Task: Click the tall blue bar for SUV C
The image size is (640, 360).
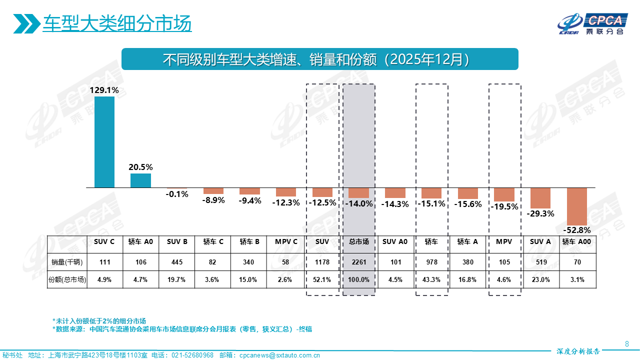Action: (104, 142)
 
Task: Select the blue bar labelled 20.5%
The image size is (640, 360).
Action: (140, 180)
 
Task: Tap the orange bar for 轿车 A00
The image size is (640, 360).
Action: (576, 206)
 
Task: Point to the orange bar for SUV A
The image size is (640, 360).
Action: (540, 198)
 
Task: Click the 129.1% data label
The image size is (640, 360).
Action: (104, 90)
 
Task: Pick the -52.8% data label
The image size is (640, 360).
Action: (576, 230)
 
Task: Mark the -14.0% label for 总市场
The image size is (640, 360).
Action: (358, 203)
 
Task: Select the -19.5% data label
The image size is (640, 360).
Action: (504, 206)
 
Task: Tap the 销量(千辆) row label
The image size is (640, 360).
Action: (66, 261)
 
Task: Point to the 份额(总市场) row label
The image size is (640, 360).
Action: (66, 280)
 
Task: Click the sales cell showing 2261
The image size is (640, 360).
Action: (358, 261)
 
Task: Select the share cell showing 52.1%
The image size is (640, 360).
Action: (322, 280)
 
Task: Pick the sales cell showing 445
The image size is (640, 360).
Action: (177, 261)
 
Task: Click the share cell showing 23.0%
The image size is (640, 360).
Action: (540, 280)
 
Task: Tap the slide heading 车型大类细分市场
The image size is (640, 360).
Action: (117, 23)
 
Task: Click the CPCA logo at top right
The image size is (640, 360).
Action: (592, 23)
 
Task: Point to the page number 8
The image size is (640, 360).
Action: (627, 343)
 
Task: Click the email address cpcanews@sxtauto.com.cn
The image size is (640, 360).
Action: (279, 355)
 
